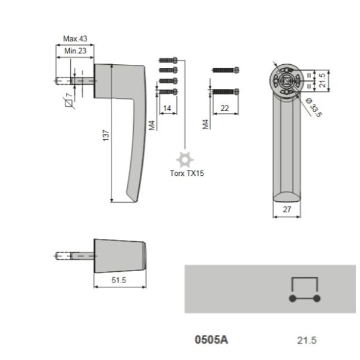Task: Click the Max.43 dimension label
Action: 75,38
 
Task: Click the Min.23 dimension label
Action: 75,51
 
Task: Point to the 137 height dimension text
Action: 106,135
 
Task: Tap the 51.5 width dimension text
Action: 119,280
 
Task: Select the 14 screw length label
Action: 167,108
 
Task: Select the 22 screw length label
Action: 224,108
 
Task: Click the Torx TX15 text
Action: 187,173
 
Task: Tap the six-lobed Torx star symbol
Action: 185,160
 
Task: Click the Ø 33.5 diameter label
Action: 314,107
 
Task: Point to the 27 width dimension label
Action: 287,209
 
